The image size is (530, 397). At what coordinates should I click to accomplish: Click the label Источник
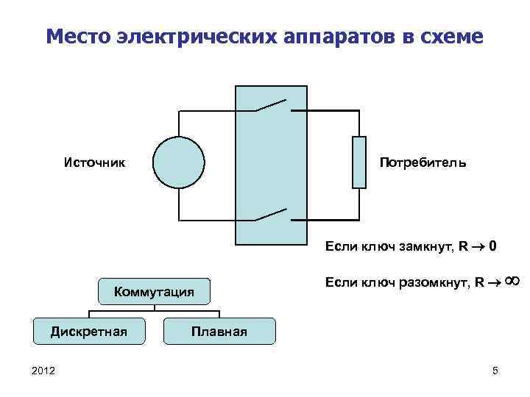click(x=93, y=162)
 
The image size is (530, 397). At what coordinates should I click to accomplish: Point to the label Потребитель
click(x=423, y=162)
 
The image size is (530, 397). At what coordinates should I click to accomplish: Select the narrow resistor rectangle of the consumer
click(x=359, y=162)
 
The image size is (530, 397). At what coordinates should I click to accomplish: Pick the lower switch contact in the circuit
click(x=271, y=215)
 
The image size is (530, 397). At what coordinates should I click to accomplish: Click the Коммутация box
click(x=155, y=293)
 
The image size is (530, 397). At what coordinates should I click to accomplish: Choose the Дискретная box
click(x=88, y=332)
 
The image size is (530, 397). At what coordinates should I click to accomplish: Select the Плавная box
click(x=219, y=332)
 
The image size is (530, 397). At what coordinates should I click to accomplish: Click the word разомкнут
click(x=432, y=282)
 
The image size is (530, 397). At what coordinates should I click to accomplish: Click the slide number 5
click(x=495, y=371)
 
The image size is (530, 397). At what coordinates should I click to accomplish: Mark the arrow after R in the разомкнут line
click(x=492, y=282)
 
